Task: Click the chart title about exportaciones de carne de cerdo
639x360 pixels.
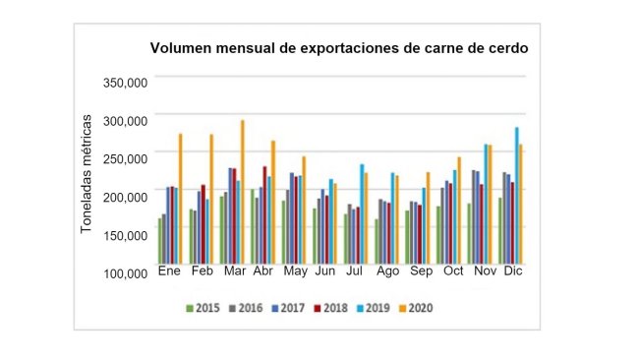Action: (x=337, y=48)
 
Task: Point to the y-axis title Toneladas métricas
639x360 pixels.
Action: (x=87, y=173)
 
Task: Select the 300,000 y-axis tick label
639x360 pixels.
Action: (x=125, y=120)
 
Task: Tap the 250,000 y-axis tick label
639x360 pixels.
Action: (x=125, y=158)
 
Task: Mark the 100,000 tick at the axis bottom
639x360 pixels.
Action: (x=125, y=272)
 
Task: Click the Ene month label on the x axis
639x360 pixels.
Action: (x=170, y=271)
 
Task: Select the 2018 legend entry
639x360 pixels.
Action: (x=334, y=308)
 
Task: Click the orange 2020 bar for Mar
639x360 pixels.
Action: (x=242, y=191)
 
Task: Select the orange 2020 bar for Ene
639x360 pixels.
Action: (x=180, y=197)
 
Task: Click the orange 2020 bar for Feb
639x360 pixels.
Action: (x=211, y=197)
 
